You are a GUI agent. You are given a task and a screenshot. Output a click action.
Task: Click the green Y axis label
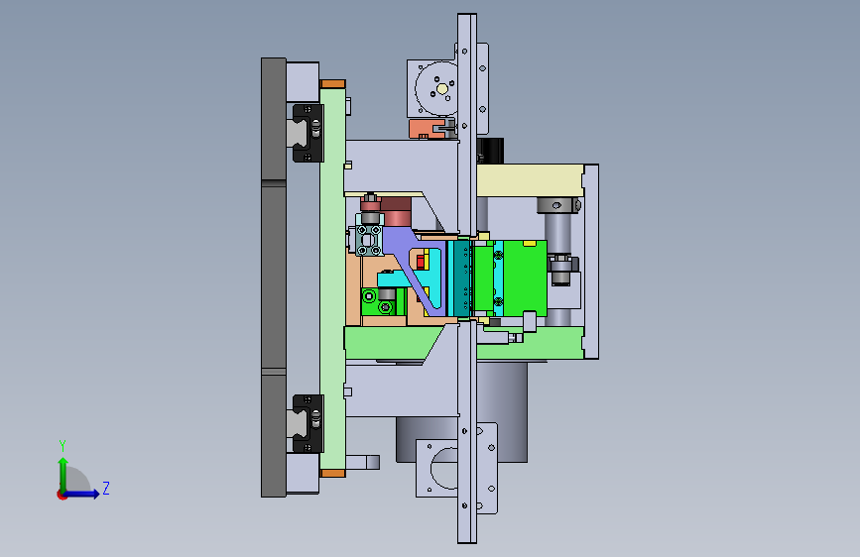pyautogui.click(x=62, y=446)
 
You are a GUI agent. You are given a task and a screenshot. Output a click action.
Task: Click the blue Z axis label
pyautogui.click(x=106, y=488)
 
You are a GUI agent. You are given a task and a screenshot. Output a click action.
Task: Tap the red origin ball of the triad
pyautogui.click(x=61, y=495)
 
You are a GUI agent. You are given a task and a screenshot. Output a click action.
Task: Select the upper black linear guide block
pyautogui.click(x=307, y=133)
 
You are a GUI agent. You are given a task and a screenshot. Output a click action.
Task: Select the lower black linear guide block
pyautogui.click(x=307, y=422)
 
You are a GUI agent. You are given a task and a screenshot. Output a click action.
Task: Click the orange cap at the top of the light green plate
pyautogui.click(x=333, y=84)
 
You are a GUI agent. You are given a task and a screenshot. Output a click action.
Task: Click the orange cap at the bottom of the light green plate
pyautogui.click(x=333, y=473)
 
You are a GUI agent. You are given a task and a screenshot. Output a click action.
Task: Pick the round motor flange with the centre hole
pyautogui.click(x=436, y=89)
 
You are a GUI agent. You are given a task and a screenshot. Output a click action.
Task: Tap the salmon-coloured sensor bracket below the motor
pyautogui.click(x=428, y=130)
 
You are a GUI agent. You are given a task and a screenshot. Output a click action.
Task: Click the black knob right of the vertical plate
pyautogui.click(x=490, y=151)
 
